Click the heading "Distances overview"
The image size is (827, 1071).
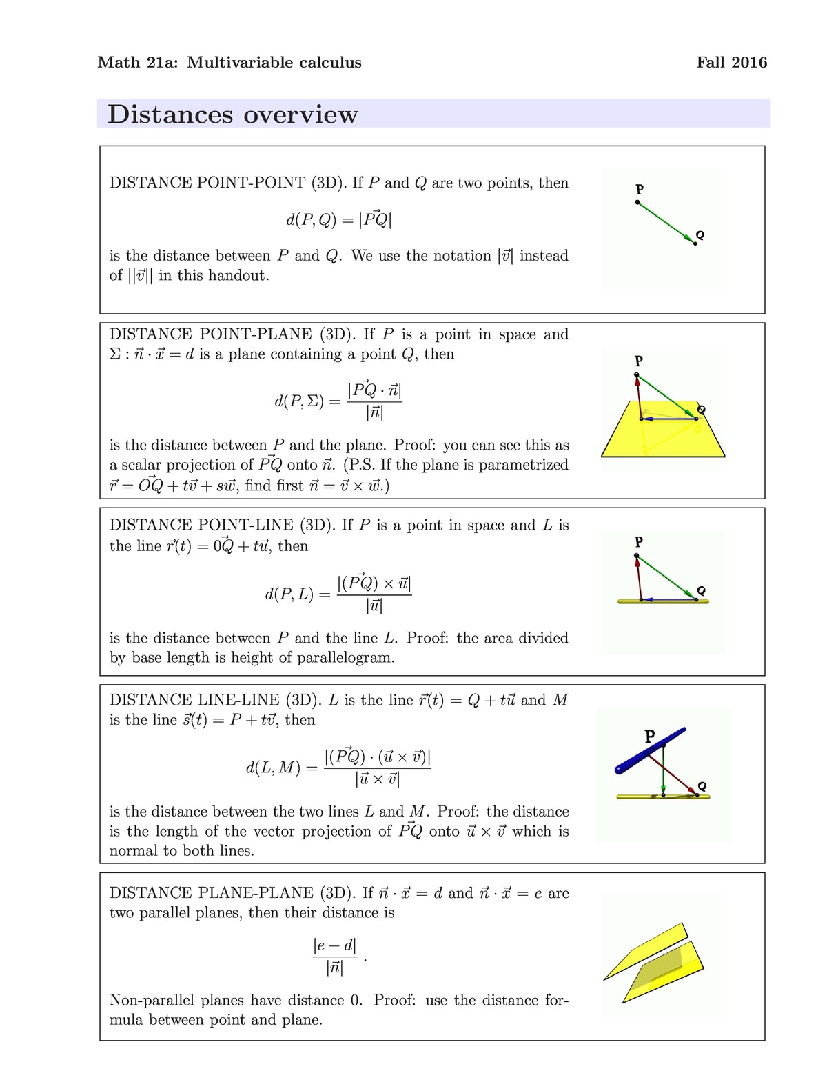(x=233, y=114)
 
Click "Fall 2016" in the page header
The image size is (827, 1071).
(x=731, y=63)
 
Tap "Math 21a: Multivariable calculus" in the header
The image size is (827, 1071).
(x=229, y=63)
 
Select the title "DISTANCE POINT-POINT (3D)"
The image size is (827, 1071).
(x=228, y=183)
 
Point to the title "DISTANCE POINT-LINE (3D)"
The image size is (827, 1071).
(x=223, y=526)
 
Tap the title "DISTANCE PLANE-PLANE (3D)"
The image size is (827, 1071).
(x=233, y=893)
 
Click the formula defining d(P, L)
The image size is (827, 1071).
(x=338, y=593)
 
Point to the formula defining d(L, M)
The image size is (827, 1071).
(x=338, y=767)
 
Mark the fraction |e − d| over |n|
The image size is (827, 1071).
(x=335, y=957)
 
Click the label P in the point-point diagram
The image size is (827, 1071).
(x=640, y=189)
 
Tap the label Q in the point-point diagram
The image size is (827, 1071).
(x=701, y=235)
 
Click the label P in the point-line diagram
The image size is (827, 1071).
(x=639, y=541)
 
